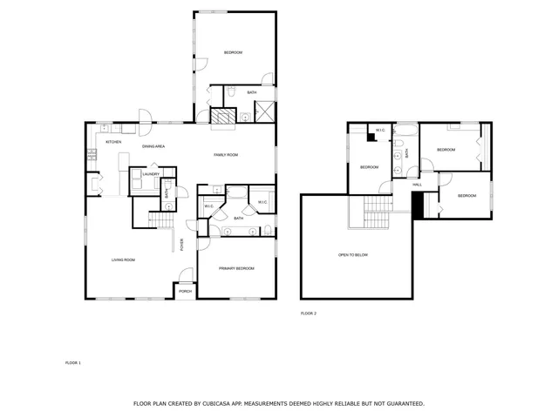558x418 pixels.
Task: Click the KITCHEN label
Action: pos(113,142)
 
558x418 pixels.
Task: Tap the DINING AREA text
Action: pos(154,146)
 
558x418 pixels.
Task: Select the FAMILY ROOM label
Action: pos(226,155)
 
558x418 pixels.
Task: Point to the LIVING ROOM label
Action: pos(122,260)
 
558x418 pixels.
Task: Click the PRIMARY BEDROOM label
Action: pos(236,268)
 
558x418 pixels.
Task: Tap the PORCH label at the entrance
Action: pos(185,291)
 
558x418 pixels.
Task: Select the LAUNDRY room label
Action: pos(151,174)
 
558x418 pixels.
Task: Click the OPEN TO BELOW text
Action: pos(353,255)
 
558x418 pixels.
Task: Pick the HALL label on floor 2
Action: pos(417,185)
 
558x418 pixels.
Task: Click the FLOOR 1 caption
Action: pos(73,362)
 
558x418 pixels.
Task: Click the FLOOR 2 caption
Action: pos(309,313)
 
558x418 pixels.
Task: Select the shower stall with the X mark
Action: pos(265,111)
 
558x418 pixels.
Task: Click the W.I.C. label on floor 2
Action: pos(381,131)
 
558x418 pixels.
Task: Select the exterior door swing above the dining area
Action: pos(145,115)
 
